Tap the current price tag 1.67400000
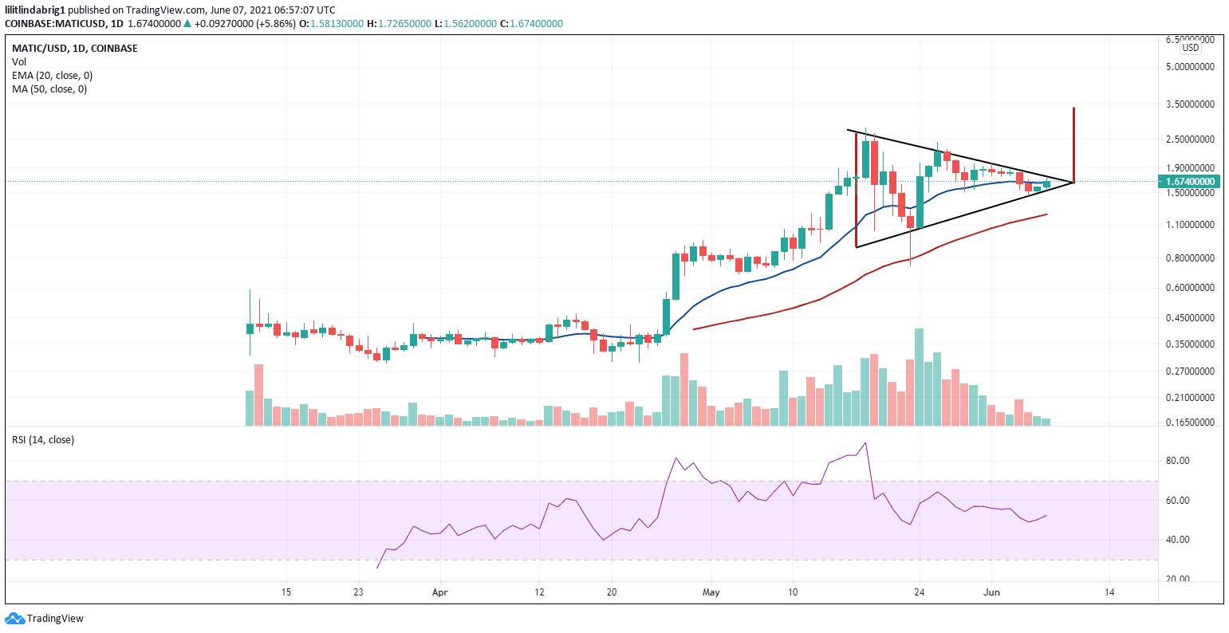(x=1190, y=182)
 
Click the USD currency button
(x=1190, y=48)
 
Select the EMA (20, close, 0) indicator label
(x=52, y=75)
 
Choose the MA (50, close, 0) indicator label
(x=49, y=88)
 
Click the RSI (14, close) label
(x=42, y=439)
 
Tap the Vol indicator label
(x=18, y=61)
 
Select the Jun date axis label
(x=991, y=592)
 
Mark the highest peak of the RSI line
(x=865, y=443)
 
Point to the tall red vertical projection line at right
(x=1073, y=144)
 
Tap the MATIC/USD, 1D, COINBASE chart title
(x=74, y=48)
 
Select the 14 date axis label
(x=1109, y=592)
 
